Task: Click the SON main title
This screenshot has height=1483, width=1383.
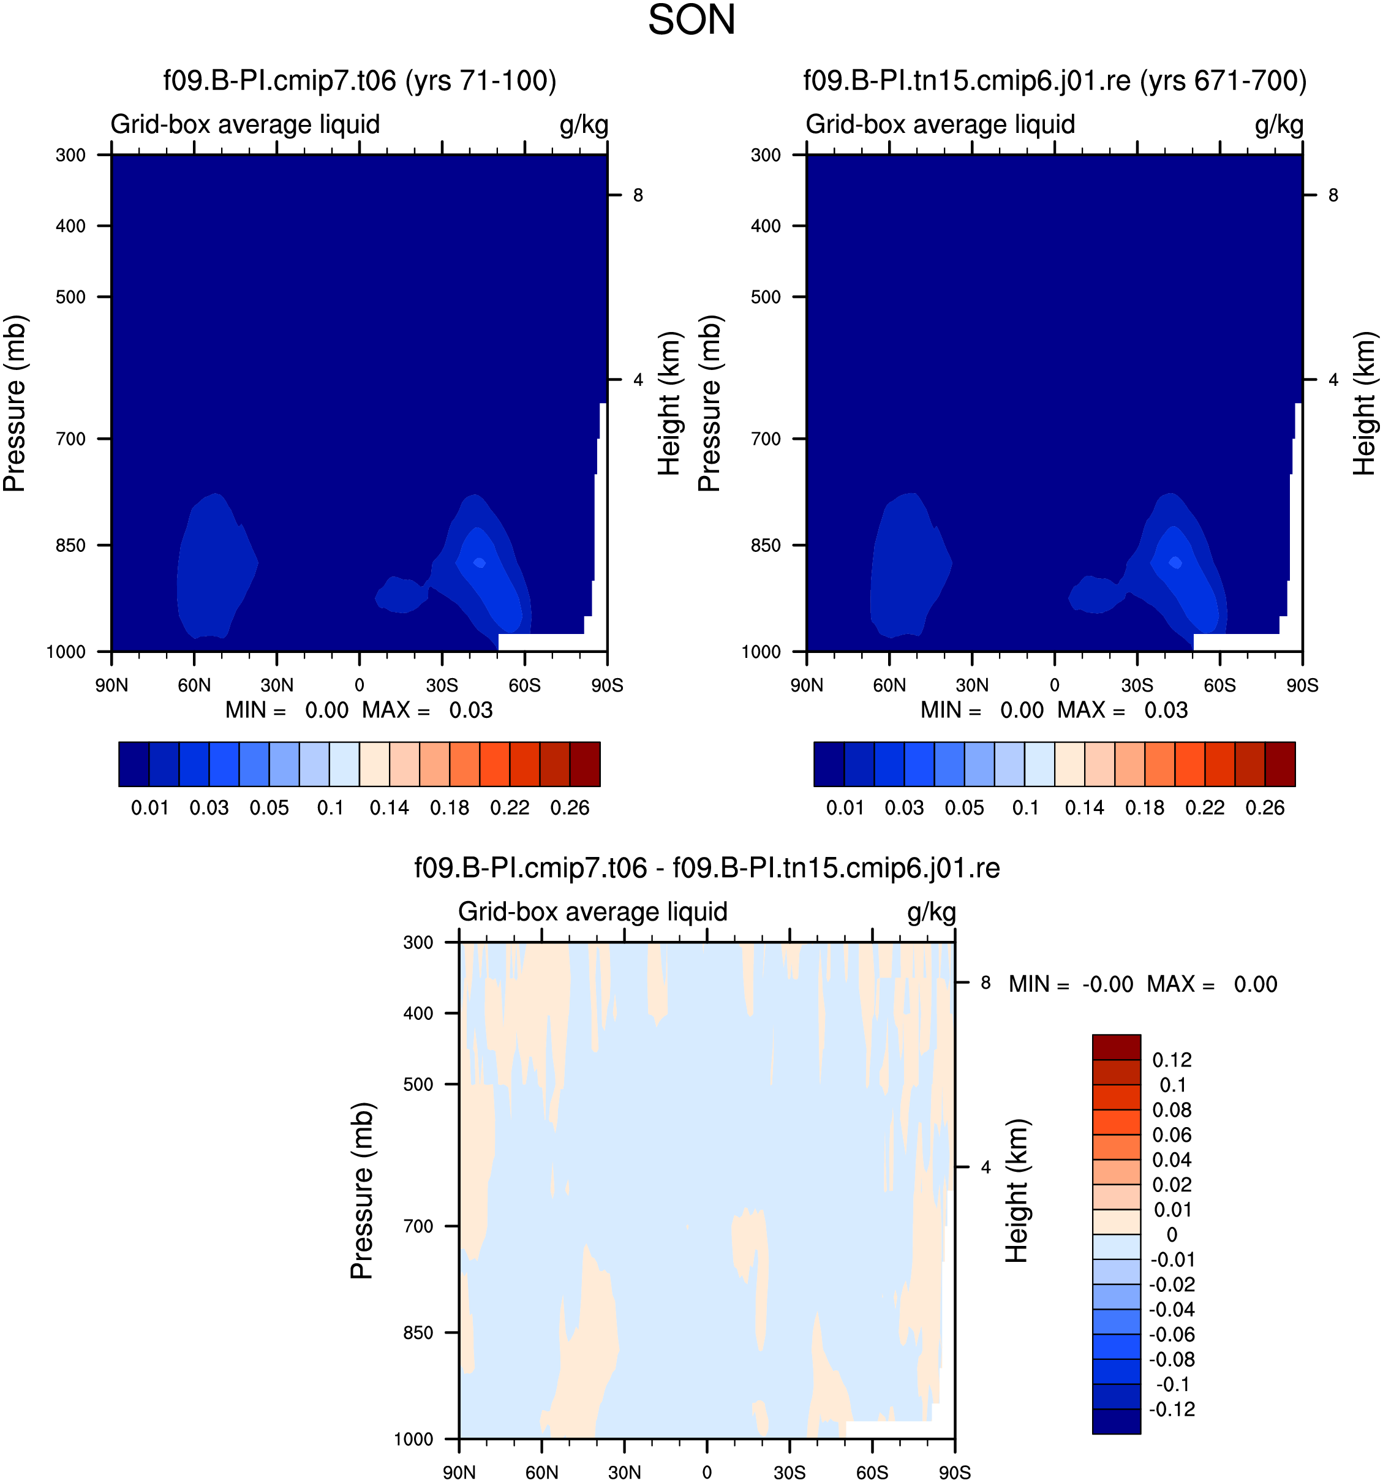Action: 691,20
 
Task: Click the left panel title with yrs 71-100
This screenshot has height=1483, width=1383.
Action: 360,81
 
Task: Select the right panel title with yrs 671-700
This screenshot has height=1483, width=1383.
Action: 1055,81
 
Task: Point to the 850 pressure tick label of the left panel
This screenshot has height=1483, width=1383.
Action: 71,545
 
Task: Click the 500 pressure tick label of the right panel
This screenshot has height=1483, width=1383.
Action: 766,297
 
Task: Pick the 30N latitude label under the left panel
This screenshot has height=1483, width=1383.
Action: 277,685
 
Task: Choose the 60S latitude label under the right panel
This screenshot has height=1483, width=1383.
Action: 1219,685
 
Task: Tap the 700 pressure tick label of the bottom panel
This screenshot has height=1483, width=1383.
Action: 418,1226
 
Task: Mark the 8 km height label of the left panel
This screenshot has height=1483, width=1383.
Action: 638,195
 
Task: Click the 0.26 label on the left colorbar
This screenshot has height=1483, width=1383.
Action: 570,808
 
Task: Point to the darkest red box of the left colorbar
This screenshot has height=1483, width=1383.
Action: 585,764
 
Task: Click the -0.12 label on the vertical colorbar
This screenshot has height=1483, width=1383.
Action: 1172,1409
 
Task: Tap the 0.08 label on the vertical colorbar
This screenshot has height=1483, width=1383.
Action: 1172,1110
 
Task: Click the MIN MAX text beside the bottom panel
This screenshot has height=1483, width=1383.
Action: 1143,984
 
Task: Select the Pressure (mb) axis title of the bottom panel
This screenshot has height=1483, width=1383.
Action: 362,1191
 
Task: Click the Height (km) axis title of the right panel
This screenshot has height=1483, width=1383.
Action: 1365,404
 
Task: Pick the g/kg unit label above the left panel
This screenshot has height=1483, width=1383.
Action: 584,124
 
